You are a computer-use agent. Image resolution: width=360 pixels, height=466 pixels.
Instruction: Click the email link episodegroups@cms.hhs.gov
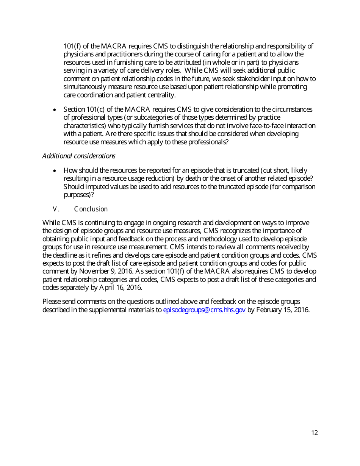[x=204, y=310]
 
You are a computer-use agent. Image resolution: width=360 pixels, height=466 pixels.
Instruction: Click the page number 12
[x=315, y=433]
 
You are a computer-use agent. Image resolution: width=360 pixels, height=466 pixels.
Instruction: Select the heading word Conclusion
[x=91, y=209]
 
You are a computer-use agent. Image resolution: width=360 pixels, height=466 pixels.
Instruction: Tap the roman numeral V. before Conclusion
[x=56, y=209]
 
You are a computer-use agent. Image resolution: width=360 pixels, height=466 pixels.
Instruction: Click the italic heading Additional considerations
[x=79, y=156]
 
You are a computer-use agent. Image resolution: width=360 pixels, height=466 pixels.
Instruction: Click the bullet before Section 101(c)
[x=55, y=110]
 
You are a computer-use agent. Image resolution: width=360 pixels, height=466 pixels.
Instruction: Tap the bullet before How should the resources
[x=55, y=171]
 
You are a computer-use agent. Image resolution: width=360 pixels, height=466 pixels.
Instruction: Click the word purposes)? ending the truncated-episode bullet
[x=78, y=195]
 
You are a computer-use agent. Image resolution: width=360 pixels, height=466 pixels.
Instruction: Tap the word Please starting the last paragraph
[x=51, y=302]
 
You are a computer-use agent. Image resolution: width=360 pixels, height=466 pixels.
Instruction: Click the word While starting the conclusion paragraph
[x=51, y=222]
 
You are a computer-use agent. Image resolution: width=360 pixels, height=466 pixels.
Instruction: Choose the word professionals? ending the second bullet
[x=208, y=142]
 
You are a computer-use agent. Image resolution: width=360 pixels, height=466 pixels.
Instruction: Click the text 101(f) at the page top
[x=72, y=46]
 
